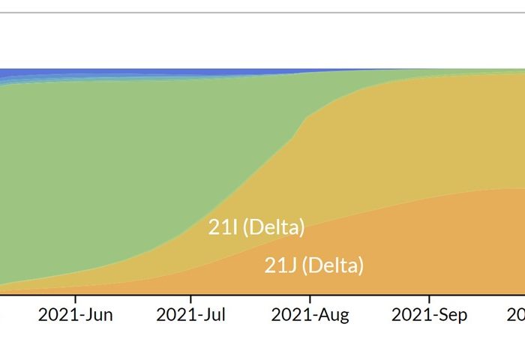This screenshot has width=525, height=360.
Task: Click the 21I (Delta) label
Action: point(256,226)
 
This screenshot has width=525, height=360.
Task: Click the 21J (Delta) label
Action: point(313,265)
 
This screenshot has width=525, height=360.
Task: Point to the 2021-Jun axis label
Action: point(75,314)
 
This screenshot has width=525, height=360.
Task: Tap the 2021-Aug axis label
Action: point(310,314)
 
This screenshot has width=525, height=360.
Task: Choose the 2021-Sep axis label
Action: point(429,314)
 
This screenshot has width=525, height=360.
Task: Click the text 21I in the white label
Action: point(223,226)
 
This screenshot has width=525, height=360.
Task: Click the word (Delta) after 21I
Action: point(274,226)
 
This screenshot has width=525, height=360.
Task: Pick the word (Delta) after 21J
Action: point(332,265)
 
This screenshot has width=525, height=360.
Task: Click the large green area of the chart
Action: point(112,165)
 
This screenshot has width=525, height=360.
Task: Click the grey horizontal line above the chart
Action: point(262,13)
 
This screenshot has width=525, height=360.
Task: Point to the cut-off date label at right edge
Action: point(519,314)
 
